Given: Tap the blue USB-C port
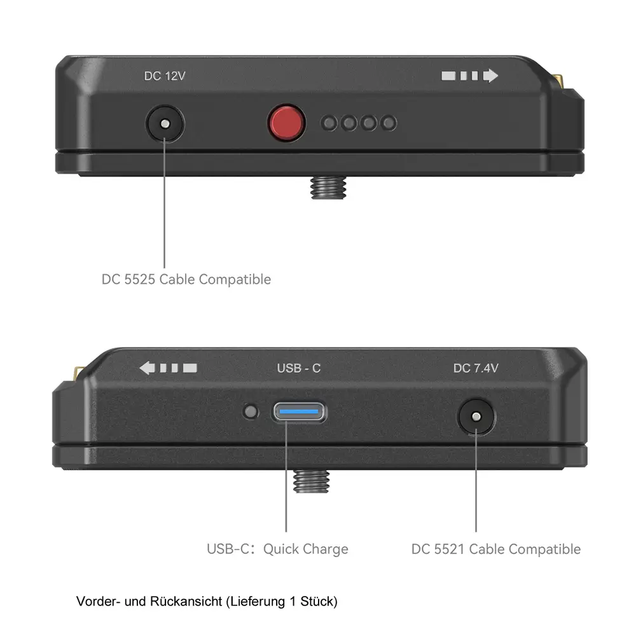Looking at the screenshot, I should pyautogui.click(x=300, y=411).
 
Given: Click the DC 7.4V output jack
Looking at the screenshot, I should pyautogui.click(x=476, y=417).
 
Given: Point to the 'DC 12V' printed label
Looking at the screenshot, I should pyautogui.click(x=164, y=76).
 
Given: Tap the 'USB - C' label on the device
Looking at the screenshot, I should pyautogui.click(x=299, y=368).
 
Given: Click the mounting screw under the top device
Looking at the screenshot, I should pyautogui.click(x=323, y=187).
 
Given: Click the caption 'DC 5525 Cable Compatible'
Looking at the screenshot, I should pyautogui.click(x=186, y=279).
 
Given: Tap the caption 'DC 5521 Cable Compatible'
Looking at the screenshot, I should pyautogui.click(x=496, y=549).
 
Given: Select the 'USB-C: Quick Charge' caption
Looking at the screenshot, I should pyautogui.click(x=277, y=549).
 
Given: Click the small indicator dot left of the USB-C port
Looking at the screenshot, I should pyautogui.click(x=251, y=412).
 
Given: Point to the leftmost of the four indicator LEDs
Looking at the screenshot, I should pyautogui.click(x=329, y=123).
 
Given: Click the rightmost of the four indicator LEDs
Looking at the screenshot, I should pyautogui.click(x=389, y=123).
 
